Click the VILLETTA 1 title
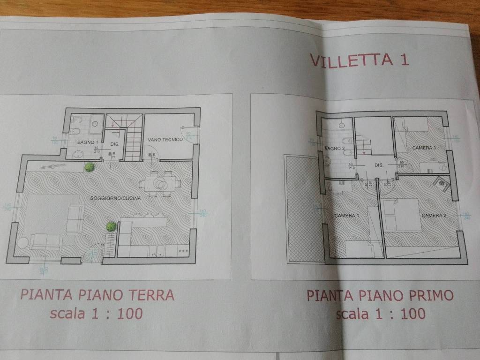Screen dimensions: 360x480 (359, 60)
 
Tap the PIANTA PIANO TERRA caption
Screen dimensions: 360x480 (97, 295)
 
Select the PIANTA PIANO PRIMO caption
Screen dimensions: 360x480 (380, 296)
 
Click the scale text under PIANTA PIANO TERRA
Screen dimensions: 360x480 (96, 313)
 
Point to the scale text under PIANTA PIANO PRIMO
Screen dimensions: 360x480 (381, 314)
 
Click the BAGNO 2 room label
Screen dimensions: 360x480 (335, 149)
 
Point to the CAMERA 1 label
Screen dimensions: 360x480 (346, 216)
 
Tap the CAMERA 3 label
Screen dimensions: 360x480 (424, 148)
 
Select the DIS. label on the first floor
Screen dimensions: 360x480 (379, 165)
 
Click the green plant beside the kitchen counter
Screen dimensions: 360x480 (111, 226)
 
